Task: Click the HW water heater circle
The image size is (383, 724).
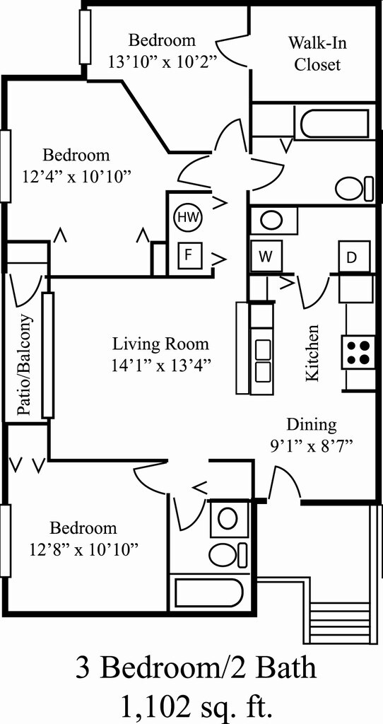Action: coord(187,217)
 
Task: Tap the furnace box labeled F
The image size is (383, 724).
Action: coord(187,255)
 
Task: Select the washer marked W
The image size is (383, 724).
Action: coord(265,256)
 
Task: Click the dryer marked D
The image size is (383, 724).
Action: coord(351,257)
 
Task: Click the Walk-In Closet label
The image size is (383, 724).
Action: coord(317,53)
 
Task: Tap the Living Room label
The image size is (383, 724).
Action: coord(161,344)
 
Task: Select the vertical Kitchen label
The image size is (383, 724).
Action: coord(312,353)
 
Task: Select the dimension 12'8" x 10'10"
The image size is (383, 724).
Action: coord(83,549)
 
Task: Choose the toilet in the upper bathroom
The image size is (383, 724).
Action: coord(352,188)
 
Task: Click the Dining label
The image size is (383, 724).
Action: coord(311,425)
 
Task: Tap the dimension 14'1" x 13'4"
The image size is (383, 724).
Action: coord(161,366)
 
